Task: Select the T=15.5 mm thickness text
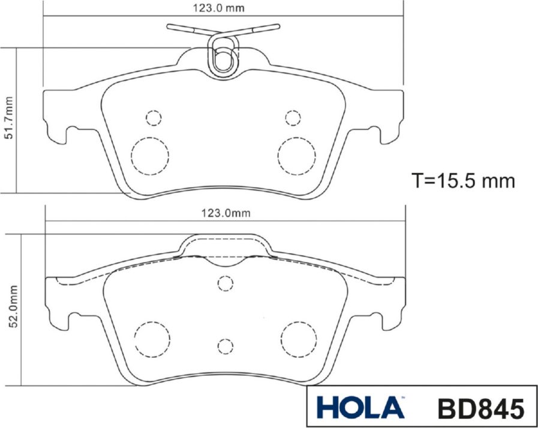(x=463, y=180)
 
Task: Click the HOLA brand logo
(x=360, y=408)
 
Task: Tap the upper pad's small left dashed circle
(x=154, y=117)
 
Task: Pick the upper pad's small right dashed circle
(x=293, y=117)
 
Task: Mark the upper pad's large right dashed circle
(x=296, y=156)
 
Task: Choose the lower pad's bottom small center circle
(x=226, y=346)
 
